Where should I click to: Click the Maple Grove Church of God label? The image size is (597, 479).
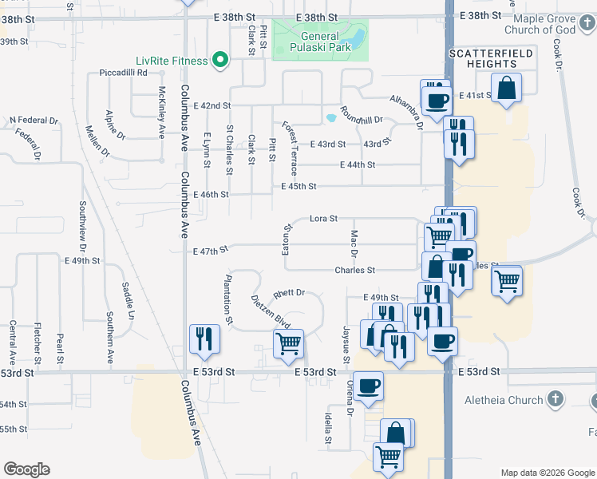tap(555, 24)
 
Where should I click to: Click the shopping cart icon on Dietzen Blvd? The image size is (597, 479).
tap(287, 342)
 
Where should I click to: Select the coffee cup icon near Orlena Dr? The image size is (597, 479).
tap(368, 386)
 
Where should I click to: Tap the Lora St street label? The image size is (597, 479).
tap(324, 218)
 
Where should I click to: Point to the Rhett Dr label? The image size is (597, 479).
tap(290, 293)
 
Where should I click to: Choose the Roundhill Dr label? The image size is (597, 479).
tap(362, 114)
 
